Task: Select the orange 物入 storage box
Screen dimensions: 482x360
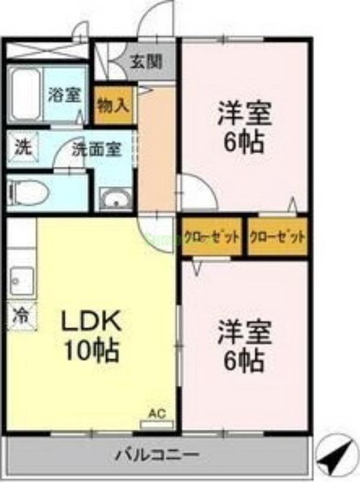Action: pos(113,105)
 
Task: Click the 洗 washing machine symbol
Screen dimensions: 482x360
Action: pos(22,147)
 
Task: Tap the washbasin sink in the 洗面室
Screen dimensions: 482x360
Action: pos(114,198)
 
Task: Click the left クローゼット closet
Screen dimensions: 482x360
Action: pos(212,236)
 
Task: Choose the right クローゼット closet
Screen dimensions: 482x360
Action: pos(277,236)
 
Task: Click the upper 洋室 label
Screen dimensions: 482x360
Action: pos(244,115)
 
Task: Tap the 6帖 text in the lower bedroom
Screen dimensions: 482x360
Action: pos(244,360)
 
